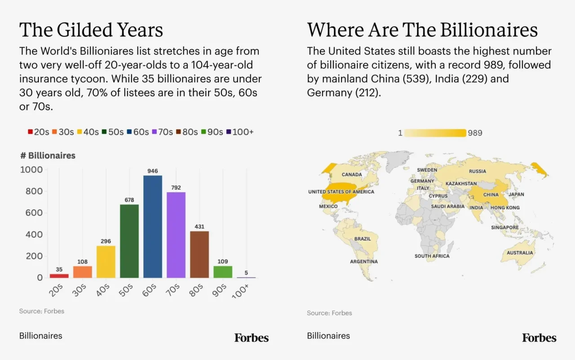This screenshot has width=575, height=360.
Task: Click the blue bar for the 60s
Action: [x=153, y=227]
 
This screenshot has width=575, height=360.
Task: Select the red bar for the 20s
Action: [x=59, y=276]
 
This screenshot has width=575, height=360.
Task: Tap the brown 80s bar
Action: [x=199, y=254]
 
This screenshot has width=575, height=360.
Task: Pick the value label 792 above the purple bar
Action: [x=176, y=187]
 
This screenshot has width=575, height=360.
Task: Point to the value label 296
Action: [x=106, y=241]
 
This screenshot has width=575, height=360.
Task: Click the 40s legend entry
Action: [x=88, y=132]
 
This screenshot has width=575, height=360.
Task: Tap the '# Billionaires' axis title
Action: [x=47, y=156]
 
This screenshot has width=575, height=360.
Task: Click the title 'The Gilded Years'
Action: [x=91, y=30]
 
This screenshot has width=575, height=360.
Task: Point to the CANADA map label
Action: [x=352, y=174]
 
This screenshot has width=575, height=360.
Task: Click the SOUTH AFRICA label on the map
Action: [x=432, y=256]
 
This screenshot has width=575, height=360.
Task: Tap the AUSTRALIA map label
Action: [x=520, y=253]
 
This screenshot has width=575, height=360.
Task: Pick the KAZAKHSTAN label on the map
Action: [x=461, y=184]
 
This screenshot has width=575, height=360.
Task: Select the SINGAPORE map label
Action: [x=504, y=227]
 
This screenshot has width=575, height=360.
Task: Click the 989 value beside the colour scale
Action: [x=475, y=133]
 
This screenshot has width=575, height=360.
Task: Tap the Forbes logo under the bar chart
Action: [x=251, y=338]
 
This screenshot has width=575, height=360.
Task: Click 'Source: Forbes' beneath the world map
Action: [x=329, y=313]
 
